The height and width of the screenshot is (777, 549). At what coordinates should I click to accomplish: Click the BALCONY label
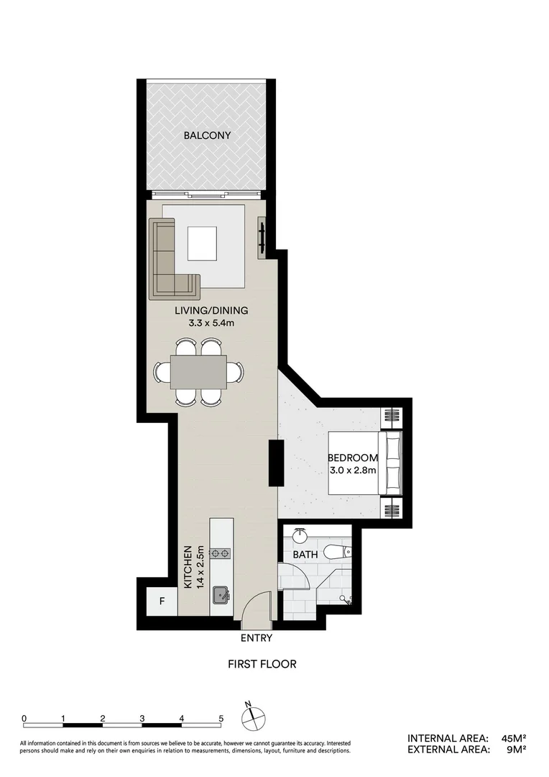click(206, 135)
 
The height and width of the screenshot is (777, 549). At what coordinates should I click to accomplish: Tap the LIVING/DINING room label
click(211, 311)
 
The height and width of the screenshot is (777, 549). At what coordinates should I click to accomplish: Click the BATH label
click(306, 555)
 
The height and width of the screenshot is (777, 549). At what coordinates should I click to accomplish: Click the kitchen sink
click(221, 595)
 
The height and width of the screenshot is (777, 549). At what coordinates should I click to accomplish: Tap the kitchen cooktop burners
click(220, 553)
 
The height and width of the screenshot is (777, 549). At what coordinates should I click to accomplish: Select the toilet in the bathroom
click(338, 552)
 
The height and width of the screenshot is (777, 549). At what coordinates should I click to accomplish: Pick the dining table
click(198, 372)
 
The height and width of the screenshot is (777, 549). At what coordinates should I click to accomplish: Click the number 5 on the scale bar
click(221, 718)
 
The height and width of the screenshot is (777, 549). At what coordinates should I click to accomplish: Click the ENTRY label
click(256, 637)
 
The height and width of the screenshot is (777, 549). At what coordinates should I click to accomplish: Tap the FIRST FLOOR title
click(262, 664)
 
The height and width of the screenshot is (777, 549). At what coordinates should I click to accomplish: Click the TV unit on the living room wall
click(262, 237)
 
